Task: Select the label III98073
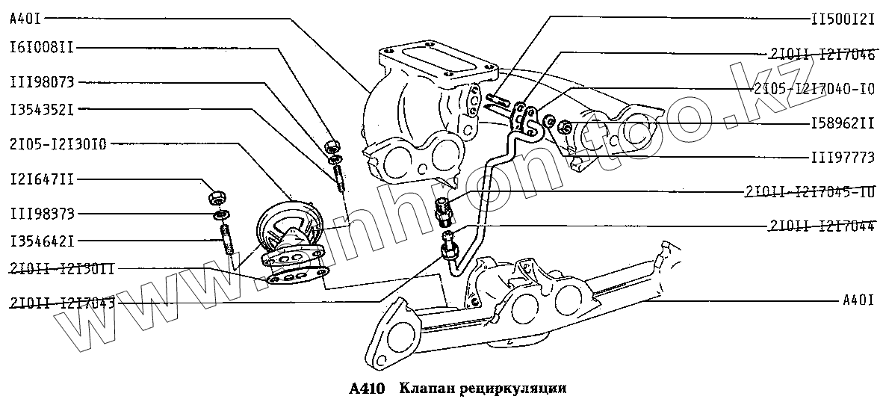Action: point(41,81)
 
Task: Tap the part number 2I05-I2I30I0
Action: point(58,142)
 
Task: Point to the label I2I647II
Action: point(41,180)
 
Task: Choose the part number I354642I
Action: point(41,241)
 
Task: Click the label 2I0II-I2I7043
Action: point(62,303)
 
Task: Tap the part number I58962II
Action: point(842,123)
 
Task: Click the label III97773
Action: point(842,158)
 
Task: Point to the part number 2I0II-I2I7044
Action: point(822,225)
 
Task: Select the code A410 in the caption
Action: point(366,389)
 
